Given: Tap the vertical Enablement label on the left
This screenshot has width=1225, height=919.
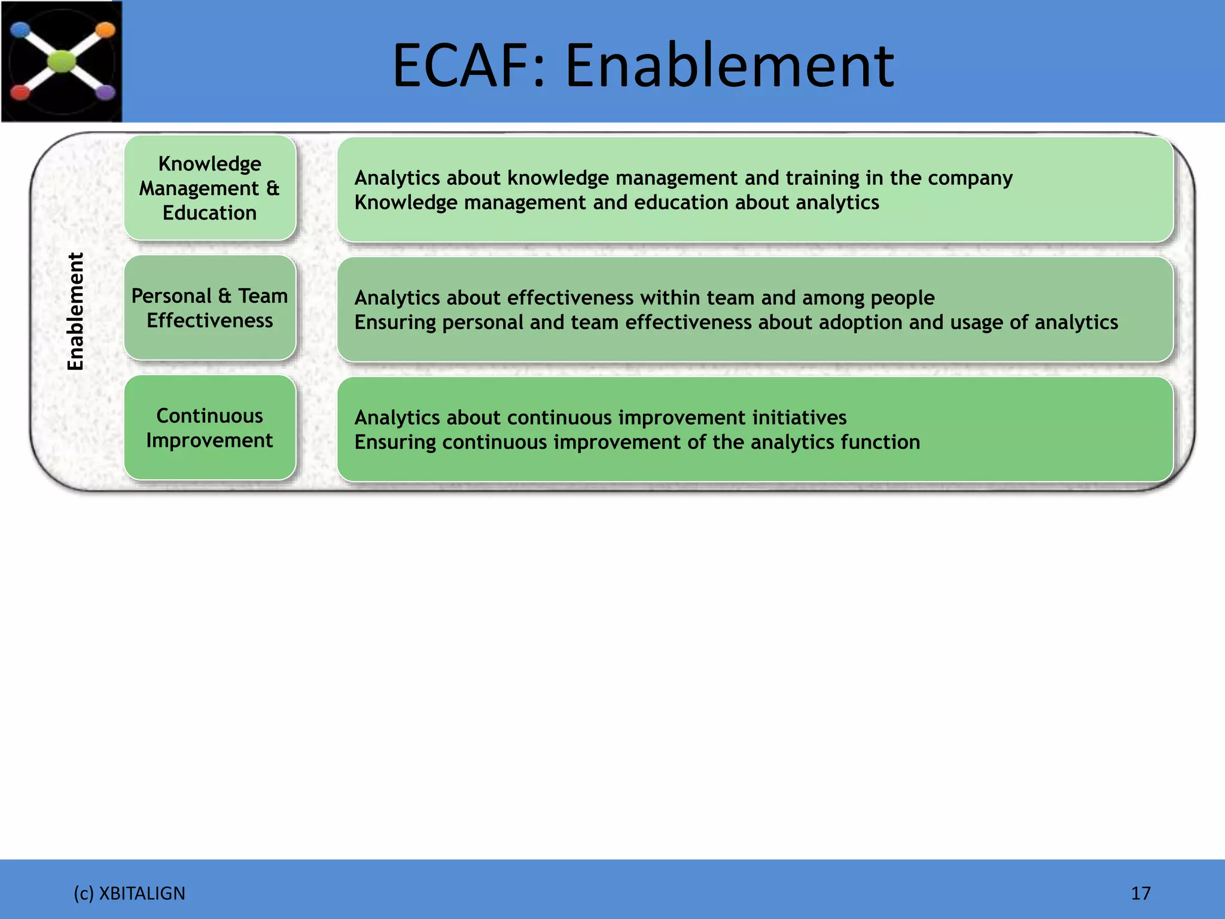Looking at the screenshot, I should point(75,311).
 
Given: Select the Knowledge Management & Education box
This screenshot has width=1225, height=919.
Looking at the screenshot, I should point(210,188).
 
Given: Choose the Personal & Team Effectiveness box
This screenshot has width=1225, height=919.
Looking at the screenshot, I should point(210,308).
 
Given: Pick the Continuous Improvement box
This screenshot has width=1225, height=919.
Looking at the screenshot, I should point(210,428).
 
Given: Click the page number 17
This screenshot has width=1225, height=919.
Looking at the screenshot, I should point(1141,893).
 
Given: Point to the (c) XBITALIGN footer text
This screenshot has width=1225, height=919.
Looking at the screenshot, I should point(129,893).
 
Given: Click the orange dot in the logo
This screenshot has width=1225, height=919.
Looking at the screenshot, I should point(105,30).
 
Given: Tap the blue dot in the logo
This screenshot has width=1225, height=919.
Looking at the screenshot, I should point(20,29).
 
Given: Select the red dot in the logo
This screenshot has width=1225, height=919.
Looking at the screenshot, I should point(20,93).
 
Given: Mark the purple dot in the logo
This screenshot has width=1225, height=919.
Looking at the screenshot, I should point(106,92).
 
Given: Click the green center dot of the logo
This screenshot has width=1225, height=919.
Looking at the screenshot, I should point(62,61).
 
